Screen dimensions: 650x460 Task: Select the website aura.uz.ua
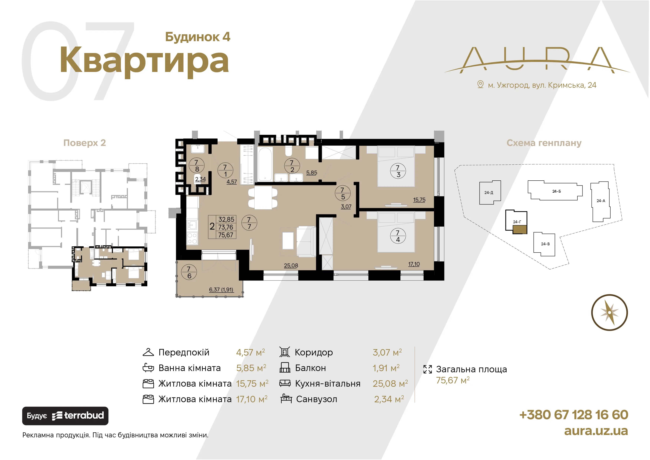point(596,431)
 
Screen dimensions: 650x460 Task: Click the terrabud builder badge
point(65,416)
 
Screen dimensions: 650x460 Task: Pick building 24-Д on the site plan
point(490,193)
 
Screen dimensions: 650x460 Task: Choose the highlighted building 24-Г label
point(517,222)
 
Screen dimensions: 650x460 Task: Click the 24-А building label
point(601,201)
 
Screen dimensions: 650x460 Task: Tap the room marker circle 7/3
point(398,171)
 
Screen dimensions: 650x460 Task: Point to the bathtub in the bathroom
point(265,164)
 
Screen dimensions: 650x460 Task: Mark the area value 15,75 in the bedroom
point(419,200)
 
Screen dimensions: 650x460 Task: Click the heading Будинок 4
point(198,37)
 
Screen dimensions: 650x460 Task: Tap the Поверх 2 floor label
point(85,143)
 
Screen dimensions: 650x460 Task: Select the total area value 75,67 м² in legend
point(453,380)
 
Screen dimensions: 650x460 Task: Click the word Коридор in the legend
point(314,352)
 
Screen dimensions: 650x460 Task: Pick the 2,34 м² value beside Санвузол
point(389,399)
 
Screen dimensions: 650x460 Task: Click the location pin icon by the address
point(480,84)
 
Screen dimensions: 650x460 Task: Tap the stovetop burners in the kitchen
point(192,238)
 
